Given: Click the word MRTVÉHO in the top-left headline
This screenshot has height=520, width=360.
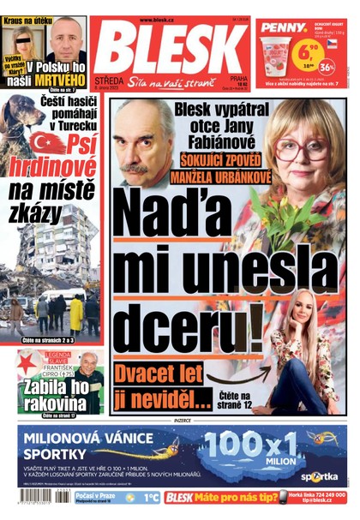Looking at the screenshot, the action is pos(59,75).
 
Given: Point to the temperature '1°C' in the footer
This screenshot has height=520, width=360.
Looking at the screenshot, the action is pos(152,497).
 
